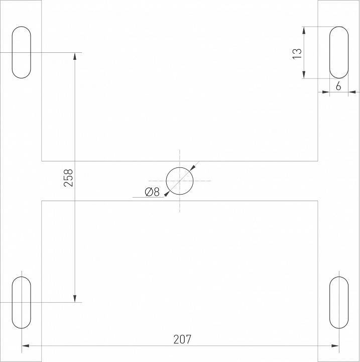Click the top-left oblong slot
[x=21, y=52]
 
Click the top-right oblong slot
[x=338, y=52]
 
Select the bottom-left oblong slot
[x=21, y=302]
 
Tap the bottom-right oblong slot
[x=338, y=302]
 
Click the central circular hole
[x=180, y=181]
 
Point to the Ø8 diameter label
[x=152, y=192]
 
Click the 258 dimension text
[x=69, y=178]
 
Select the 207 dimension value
[x=183, y=339]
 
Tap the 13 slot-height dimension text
[x=297, y=53]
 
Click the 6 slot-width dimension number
[x=338, y=86]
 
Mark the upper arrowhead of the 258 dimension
[x=75, y=56]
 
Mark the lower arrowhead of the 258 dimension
[x=75, y=298]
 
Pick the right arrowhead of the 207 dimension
[x=335, y=345]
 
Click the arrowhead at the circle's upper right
[x=192, y=168]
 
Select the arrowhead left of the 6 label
[x=326, y=92]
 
